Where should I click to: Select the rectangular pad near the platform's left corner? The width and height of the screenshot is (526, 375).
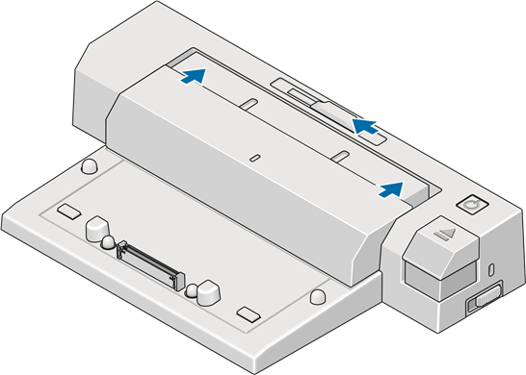tap(68, 211)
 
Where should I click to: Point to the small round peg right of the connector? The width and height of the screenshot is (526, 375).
tap(191, 286)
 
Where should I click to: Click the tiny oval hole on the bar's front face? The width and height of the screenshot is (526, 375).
tap(254, 156)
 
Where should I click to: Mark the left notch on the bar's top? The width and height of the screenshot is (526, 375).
tap(248, 104)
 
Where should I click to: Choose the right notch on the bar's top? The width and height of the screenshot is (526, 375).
tap(342, 156)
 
